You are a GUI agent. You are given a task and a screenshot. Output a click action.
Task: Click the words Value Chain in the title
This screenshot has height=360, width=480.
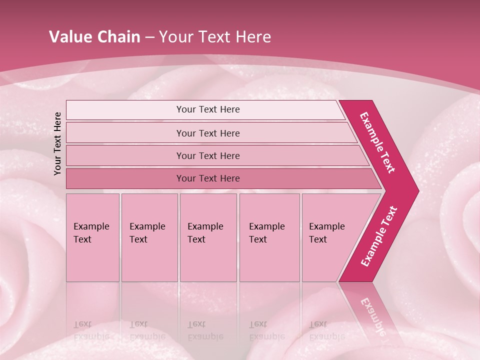pos(94,37)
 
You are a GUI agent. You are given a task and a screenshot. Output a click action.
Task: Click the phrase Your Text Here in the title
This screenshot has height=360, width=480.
pos(215,37)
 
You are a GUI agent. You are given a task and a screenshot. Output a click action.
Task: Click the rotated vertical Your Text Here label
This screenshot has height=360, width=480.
pos(58,144)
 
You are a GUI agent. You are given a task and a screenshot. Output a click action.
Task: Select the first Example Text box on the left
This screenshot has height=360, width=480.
pos(92,237)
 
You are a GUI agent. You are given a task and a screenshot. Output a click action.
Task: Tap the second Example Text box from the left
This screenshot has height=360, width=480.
pos(149,237)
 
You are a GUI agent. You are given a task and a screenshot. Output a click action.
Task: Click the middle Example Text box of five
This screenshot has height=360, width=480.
pos(208,237)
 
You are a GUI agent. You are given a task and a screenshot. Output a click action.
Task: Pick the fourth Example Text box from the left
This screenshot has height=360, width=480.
pos(269,237)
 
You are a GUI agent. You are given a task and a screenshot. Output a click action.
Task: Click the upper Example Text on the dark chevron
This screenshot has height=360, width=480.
pos(377,142)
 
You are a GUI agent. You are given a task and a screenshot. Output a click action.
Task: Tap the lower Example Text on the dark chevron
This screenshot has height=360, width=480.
pos(379,236)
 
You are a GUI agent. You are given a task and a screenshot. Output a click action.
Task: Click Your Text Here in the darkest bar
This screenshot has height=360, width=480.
pos(208,178)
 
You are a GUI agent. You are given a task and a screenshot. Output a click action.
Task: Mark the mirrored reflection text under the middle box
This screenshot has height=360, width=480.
pos(205,330)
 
